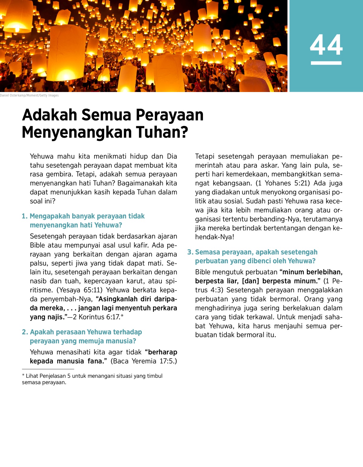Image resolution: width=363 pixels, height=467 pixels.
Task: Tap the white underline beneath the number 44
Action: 326,63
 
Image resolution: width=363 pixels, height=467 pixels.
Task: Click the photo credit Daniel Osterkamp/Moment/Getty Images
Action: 29,95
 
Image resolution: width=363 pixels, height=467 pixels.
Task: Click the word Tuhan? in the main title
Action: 162,133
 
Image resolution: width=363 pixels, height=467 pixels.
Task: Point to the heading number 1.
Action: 25,216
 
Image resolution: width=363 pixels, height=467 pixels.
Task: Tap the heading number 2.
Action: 25,332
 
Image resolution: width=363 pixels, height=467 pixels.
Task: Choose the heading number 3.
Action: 190,252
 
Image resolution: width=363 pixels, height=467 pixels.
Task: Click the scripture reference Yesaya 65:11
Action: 80,290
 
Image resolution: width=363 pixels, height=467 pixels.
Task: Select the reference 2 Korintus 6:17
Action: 96,317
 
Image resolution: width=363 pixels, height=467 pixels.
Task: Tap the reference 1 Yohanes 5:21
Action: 283,183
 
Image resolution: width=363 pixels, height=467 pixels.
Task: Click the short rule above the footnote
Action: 48,369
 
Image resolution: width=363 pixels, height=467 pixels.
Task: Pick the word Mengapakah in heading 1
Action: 46,216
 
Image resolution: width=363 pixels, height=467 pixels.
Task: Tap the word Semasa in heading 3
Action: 208,252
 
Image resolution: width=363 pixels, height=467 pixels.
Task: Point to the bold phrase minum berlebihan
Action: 312,272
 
